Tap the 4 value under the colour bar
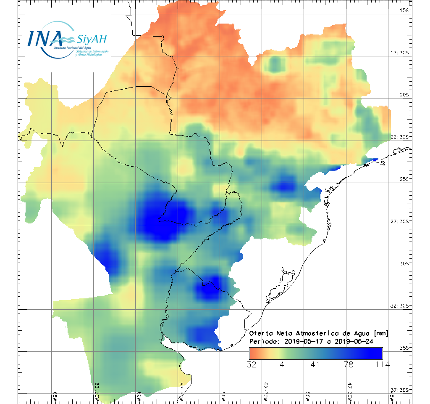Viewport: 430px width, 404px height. (282, 364)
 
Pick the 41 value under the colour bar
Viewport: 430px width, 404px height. (315, 364)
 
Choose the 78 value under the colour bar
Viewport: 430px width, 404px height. (349, 364)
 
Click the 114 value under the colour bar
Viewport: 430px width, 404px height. (381, 364)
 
